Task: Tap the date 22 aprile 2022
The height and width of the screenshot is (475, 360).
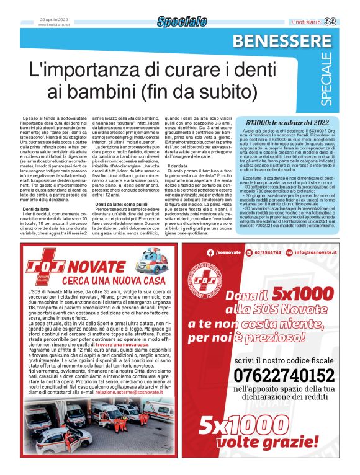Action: point(52,19)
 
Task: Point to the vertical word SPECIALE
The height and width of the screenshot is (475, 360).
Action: point(344,80)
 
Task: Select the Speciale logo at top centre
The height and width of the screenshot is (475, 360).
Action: point(182,22)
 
